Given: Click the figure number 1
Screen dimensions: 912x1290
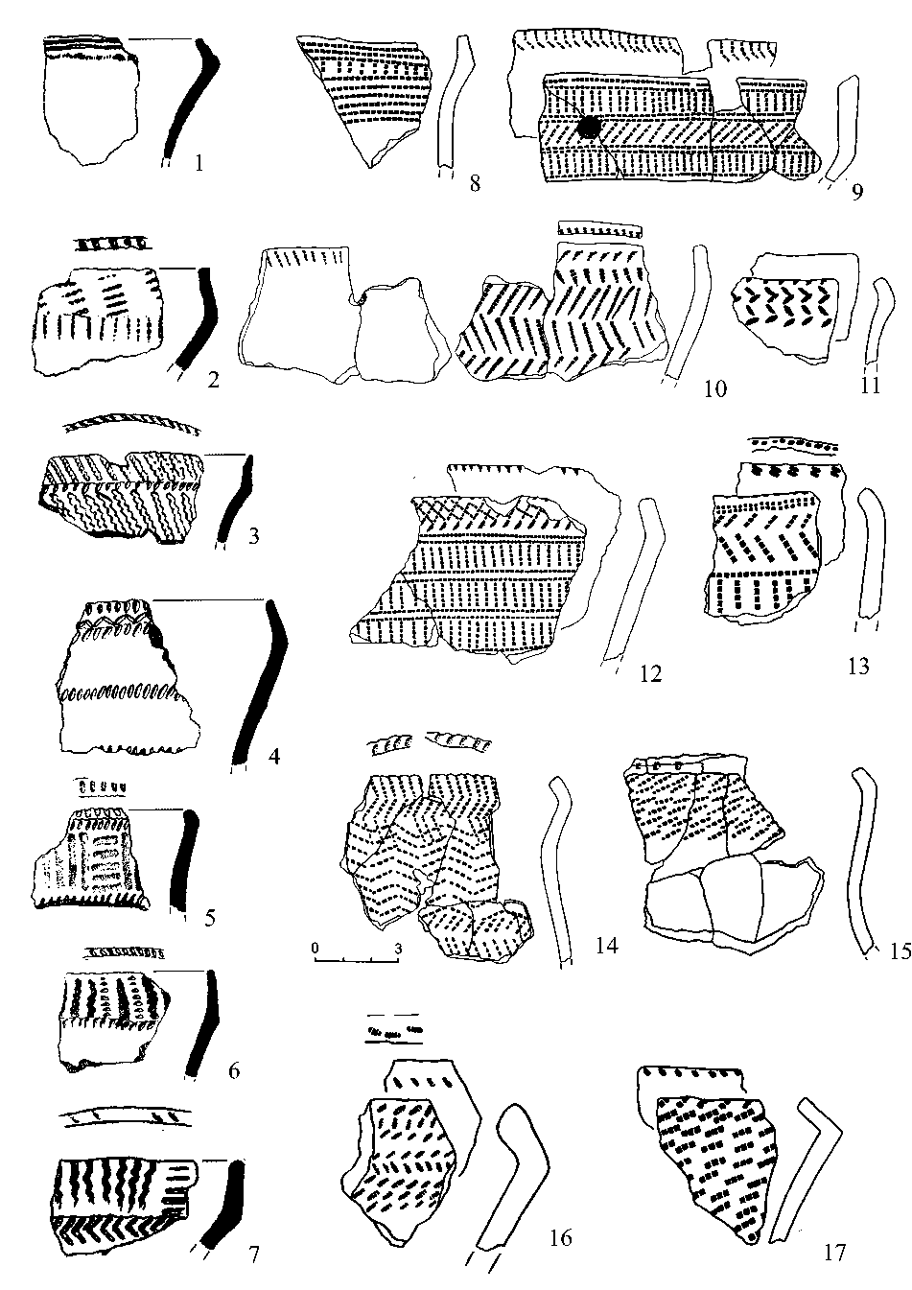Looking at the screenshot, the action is click(199, 162).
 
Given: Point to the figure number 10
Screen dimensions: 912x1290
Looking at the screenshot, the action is click(714, 387).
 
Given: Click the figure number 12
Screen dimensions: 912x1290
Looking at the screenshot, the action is click(650, 674).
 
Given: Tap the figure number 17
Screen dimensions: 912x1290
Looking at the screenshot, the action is click(835, 1252).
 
